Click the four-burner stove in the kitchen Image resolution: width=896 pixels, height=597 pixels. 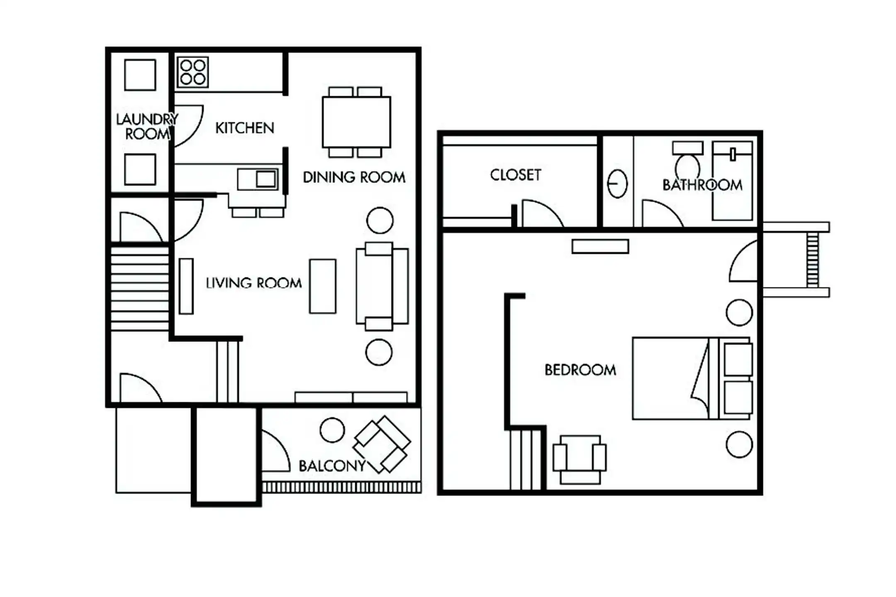click(192, 72)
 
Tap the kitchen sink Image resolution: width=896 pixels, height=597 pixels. click(258, 179)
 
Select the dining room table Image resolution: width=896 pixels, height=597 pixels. click(356, 122)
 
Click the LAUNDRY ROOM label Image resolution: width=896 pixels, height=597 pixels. click(147, 126)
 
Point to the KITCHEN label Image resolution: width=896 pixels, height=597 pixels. click(245, 128)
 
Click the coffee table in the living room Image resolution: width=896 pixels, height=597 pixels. click(323, 286)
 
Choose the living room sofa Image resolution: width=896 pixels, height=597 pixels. click(382, 286)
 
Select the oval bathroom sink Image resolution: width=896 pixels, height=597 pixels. click(617, 184)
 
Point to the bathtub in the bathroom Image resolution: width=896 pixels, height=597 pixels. click(732, 181)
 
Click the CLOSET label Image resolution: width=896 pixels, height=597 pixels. click(516, 175)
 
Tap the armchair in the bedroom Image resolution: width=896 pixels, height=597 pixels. click(579, 459)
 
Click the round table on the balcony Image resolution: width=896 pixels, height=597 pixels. click(332, 430)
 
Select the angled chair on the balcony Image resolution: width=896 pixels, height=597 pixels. click(382, 444)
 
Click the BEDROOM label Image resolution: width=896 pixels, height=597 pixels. click(580, 370)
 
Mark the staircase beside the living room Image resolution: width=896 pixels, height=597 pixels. click(140, 289)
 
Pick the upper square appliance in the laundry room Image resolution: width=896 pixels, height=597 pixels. click(140, 75)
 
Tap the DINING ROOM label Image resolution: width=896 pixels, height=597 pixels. click(354, 177)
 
